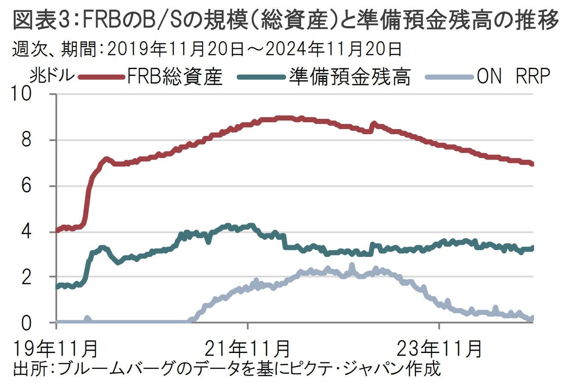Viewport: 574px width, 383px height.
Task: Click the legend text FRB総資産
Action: [x=175, y=77]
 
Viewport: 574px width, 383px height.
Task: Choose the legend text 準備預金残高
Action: [x=350, y=77]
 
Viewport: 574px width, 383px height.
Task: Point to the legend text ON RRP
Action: [x=513, y=77]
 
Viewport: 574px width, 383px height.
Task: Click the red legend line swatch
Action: [x=102, y=77]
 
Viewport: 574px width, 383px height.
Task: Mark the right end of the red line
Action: [x=532, y=164]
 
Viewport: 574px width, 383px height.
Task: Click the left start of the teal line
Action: [x=57, y=286]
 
